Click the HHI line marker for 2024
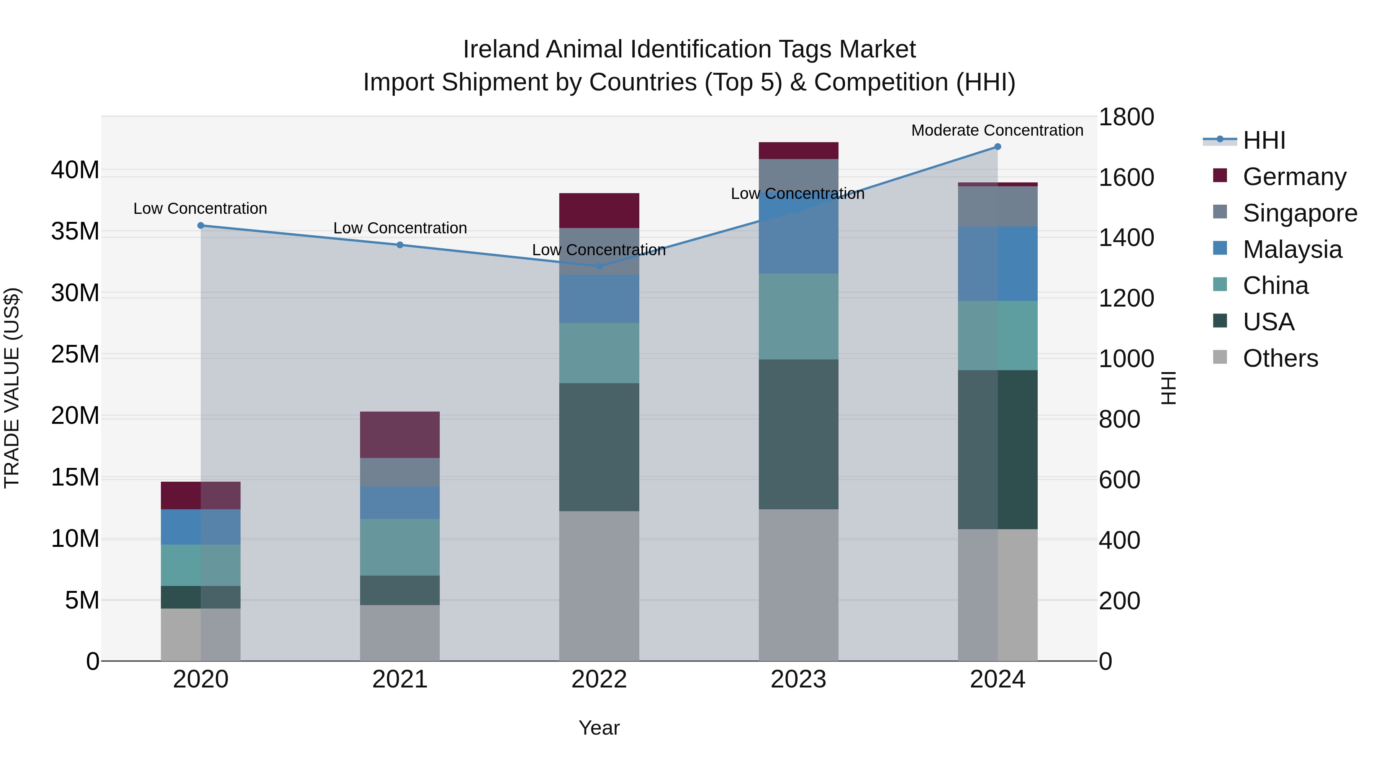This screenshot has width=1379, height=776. (x=997, y=146)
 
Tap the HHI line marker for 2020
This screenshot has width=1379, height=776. (x=201, y=225)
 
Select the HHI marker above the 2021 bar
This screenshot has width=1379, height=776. (x=400, y=245)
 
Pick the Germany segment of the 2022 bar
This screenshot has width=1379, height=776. (x=599, y=210)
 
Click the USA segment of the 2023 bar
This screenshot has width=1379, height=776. (x=798, y=434)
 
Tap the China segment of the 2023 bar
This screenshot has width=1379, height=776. (x=798, y=317)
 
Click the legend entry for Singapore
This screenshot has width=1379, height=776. (x=1299, y=213)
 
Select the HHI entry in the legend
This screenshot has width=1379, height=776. (x=1263, y=140)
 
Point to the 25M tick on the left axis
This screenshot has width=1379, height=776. (x=75, y=354)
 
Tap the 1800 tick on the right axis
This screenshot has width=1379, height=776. (x=1126, y=117)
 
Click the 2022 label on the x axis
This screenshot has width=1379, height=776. (x=599, y=679)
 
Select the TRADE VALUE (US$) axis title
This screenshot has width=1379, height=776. (x=12, y=388)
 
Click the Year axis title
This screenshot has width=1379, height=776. (x=599, y=728)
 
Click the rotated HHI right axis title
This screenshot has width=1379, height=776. (x=1169, y=388)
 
